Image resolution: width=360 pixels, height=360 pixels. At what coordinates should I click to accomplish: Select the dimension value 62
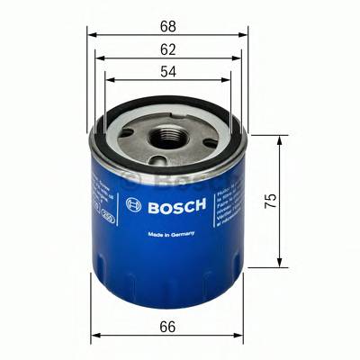click(x=168, y=44)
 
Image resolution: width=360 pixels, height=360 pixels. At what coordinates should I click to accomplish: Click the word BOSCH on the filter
click(x=177, y=205)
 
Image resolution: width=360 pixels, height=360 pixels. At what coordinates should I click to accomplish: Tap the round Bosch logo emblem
click(x=134, y=205)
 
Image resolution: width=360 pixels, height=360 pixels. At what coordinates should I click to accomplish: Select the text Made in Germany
click(x=168, y=236)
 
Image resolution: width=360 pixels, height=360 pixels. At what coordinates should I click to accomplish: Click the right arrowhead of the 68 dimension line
click(x=244, y=34)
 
